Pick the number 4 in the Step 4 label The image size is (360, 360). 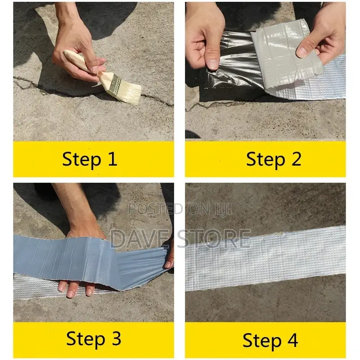(x=292, y=340)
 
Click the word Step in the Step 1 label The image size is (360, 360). (x=81, y=159)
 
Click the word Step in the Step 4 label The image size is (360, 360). (x=261, y=340)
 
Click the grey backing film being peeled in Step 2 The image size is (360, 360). (x=279, y=58)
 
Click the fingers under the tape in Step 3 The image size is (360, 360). (x=76, y=288)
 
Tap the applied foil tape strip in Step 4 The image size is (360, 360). (x=265, y=256)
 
